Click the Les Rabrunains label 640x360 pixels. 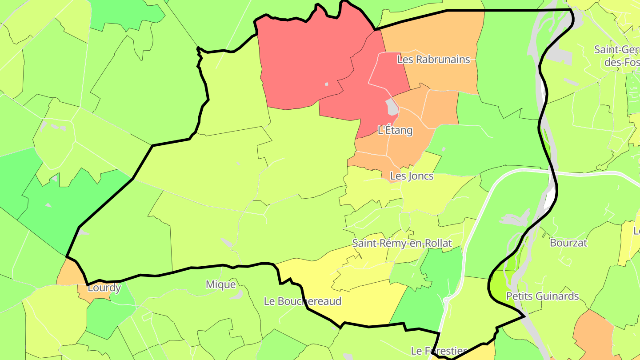tap(433, 59)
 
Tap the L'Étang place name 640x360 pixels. tap(395, 131)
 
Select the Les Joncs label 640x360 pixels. tap(412, 176)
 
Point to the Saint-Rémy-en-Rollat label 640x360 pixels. tap(402, 243)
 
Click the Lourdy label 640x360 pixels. tap(104, 288)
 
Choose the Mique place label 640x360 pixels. tap(220, 284)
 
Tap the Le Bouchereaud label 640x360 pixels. tap(303, 301)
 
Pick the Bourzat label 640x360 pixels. tap(568, 243)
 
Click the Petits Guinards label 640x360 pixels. tap(542, 296)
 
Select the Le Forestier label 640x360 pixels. tap(438, 351)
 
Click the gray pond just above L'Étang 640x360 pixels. tap(392, 106)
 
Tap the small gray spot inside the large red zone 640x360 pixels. tap(326, 84)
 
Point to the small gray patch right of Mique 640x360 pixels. tap(238, 295)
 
